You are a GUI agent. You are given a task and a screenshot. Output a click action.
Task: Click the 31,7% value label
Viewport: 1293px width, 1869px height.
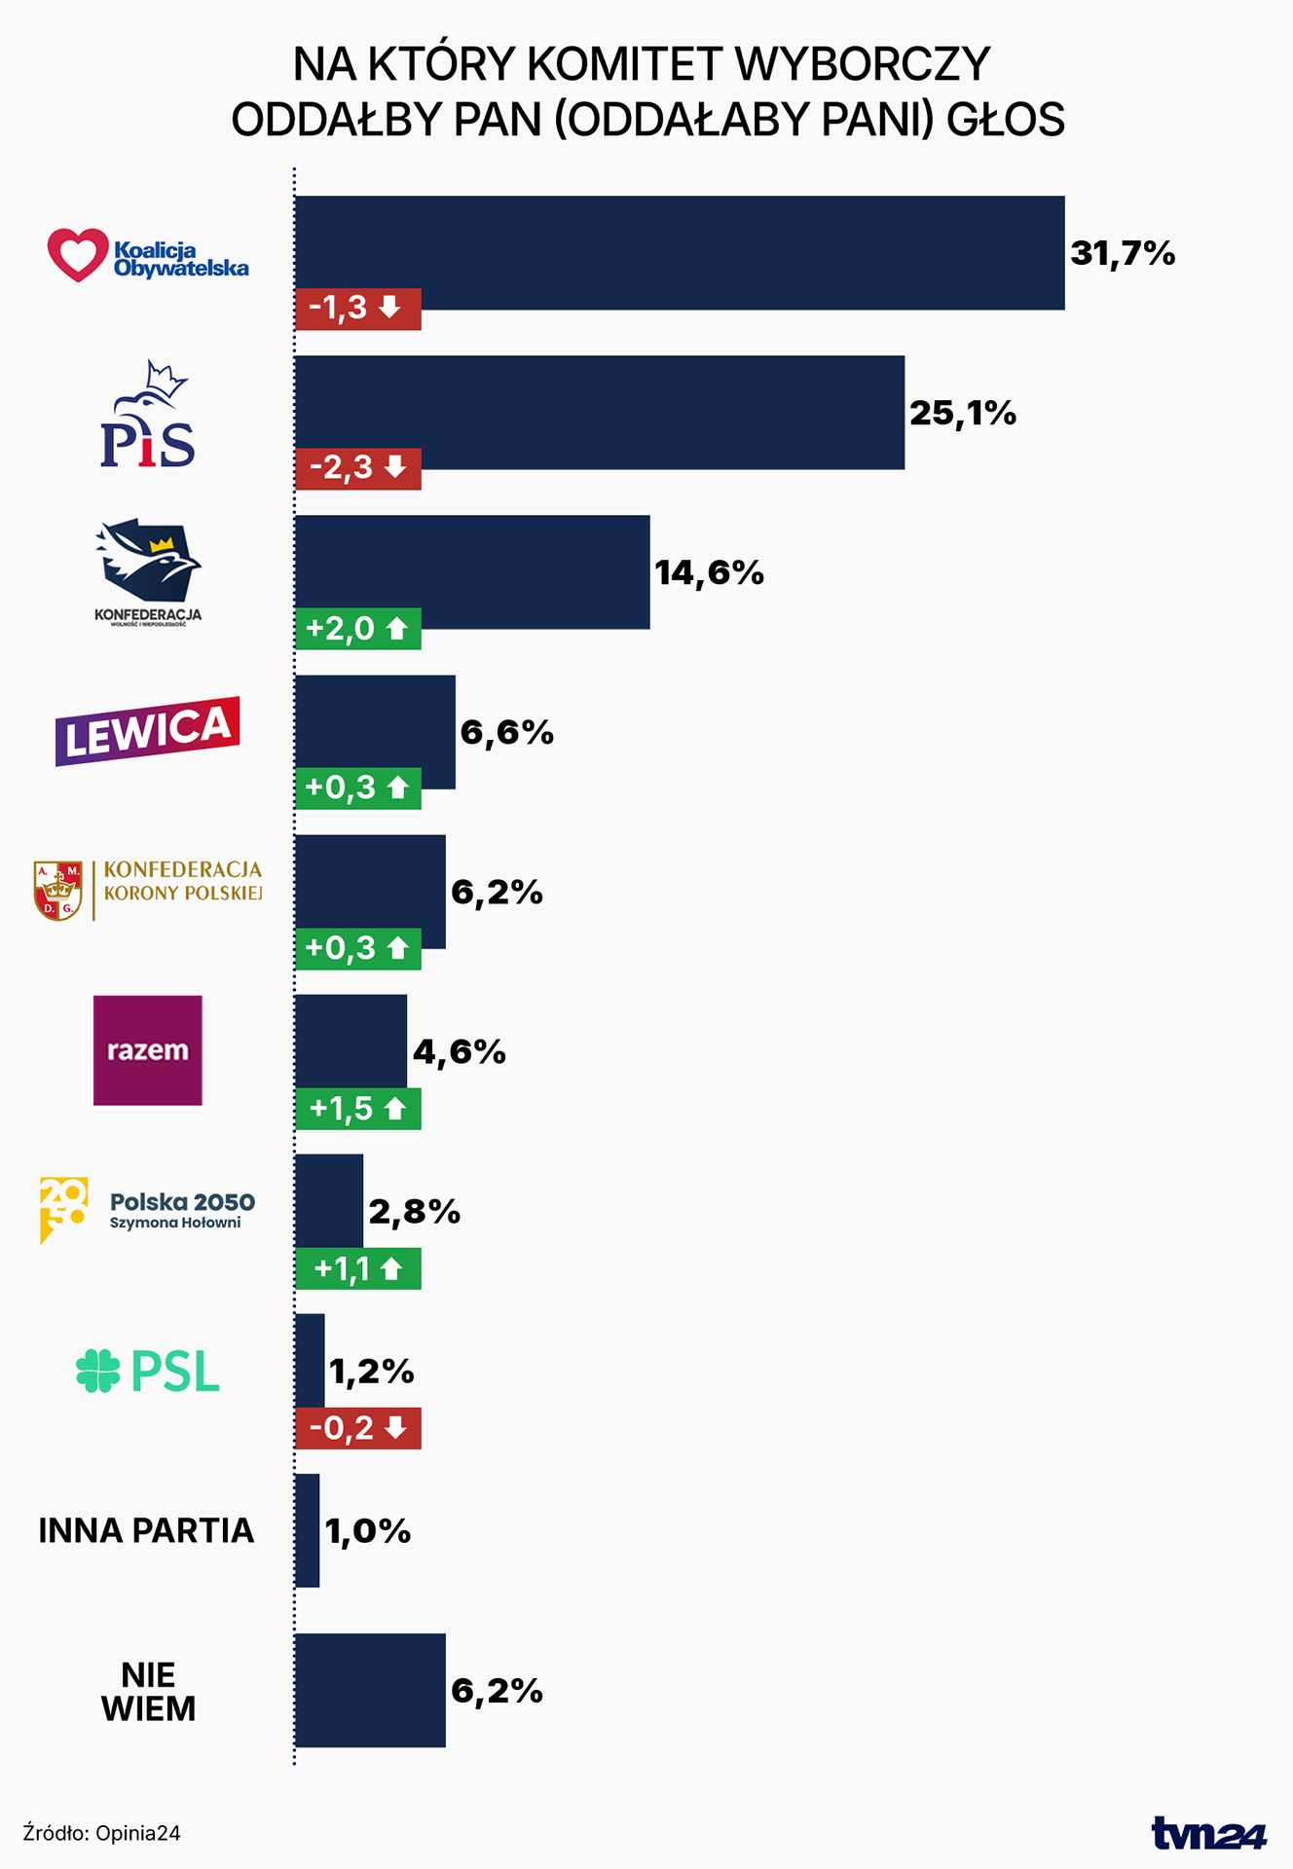pyautogui.click(x=1123, y=254)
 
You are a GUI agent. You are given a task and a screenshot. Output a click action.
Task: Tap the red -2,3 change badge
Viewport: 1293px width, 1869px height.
pyautogui.click(x=357, y=468)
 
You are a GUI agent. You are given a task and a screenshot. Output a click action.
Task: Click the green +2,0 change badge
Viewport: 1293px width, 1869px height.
pyautogui.click(x=357, y=629)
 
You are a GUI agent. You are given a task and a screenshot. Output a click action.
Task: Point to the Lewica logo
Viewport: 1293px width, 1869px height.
pyautogui.click(x=147, y=731)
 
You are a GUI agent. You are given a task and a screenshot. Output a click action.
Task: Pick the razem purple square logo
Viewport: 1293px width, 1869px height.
pyautogui.click(x=148, y=1049)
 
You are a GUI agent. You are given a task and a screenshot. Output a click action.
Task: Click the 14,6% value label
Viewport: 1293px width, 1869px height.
pyautogui.click(x=709, y=573)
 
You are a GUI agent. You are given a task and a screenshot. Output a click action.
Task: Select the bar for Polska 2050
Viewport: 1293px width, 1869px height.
pyautogui.click(x=329, y=1201)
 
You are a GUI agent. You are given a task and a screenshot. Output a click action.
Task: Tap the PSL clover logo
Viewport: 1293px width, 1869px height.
pyautogui.click(x=98, y=1371)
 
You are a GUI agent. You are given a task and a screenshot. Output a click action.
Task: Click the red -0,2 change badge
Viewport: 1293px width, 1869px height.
pyautogui.click(x=357, y=1428)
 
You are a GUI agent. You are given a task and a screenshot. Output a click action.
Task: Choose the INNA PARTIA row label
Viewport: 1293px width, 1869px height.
pyautogui.click(x=146, y=1531)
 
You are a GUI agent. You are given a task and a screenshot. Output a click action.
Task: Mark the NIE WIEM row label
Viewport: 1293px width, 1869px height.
pyautogui.click(x=148, y=1692)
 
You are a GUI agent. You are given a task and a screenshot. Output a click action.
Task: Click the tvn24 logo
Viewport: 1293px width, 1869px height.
pyautogui.click(x=1208, y=1834)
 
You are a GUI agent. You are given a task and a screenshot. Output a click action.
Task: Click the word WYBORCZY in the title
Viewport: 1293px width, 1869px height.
pyautogui.click(x=862, y=65)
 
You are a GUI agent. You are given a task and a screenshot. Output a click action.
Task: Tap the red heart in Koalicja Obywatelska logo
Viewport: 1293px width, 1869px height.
pyautogui.click(x=78, y=255)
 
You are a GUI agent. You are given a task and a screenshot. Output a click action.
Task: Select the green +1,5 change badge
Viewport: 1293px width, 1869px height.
pyautogui.click(x=357, y=1109)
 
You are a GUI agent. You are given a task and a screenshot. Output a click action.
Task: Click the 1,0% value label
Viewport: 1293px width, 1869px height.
pyautogui.click(x=367, y=1532)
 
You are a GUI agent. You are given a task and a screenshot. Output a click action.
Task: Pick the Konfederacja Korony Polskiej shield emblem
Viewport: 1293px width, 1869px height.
pyautogui.click(x=58, y=890)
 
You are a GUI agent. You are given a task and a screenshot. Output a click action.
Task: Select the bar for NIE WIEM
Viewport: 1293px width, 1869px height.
pyautogui.click(x=370, y=1691)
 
